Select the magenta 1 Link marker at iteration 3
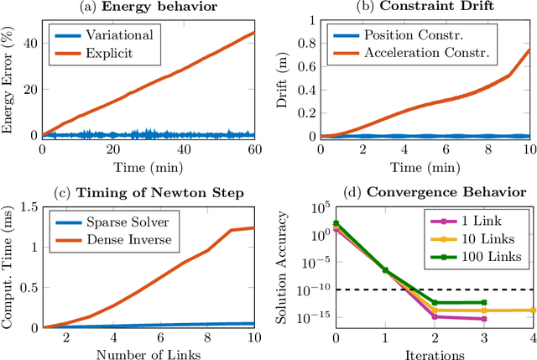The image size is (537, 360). (484, 319)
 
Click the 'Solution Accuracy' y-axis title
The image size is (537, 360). (288, 267)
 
